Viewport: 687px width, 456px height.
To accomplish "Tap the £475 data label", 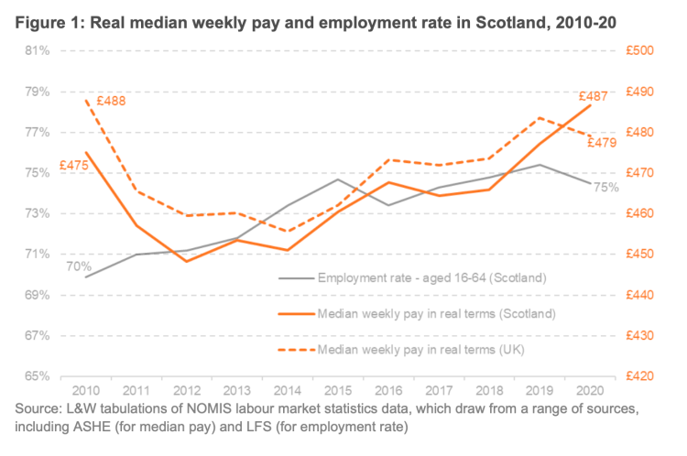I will (74, 166).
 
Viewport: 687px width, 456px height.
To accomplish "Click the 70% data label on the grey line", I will (78, 266).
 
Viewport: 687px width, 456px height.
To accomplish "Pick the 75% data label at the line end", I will (606, 188).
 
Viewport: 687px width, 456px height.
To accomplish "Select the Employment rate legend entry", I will (431, 277).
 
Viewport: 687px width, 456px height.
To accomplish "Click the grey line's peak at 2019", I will (540, 165).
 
